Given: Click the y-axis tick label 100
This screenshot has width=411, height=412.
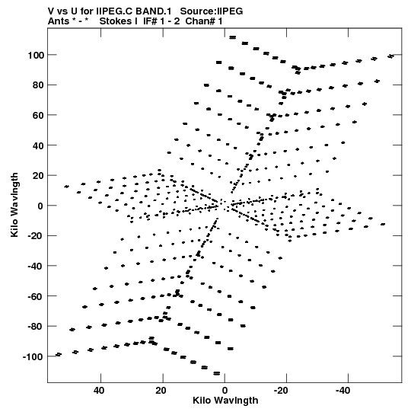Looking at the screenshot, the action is click(x=36, y=56).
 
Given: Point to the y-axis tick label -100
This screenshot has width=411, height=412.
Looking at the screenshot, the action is click(x=33, y=357).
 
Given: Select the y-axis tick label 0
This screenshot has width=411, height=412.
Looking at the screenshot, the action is click(x=40, y=206).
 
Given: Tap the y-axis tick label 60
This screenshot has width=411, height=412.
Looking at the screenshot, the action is click(x=38, y=116).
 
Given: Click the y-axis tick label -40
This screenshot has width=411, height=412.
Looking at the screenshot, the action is click(x=36, y=267).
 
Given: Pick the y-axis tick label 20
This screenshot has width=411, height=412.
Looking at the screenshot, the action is click(x=38, y=176).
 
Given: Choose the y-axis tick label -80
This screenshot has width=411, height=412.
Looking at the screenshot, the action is click(x=36, y=327).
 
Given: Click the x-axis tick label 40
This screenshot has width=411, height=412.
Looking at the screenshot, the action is click(x=99, y=391).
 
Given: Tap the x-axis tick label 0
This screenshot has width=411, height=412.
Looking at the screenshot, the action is click(x=225, y=391).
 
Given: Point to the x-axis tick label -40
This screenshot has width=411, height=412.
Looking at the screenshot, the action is click(x=342, y=391).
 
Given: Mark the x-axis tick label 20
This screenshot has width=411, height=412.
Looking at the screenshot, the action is click(x=161, y=391).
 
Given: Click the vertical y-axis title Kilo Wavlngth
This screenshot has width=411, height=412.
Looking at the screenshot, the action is click(x=14, y=205).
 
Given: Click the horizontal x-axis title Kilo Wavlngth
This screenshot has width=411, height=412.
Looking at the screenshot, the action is click(x=225, y=401).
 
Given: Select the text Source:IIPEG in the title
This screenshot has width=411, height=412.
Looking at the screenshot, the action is click(x=212, y=11).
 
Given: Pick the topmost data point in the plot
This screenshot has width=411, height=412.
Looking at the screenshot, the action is click(x=233, y=37).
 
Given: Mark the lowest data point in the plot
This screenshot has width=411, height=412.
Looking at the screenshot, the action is click(x=217, y=373).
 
